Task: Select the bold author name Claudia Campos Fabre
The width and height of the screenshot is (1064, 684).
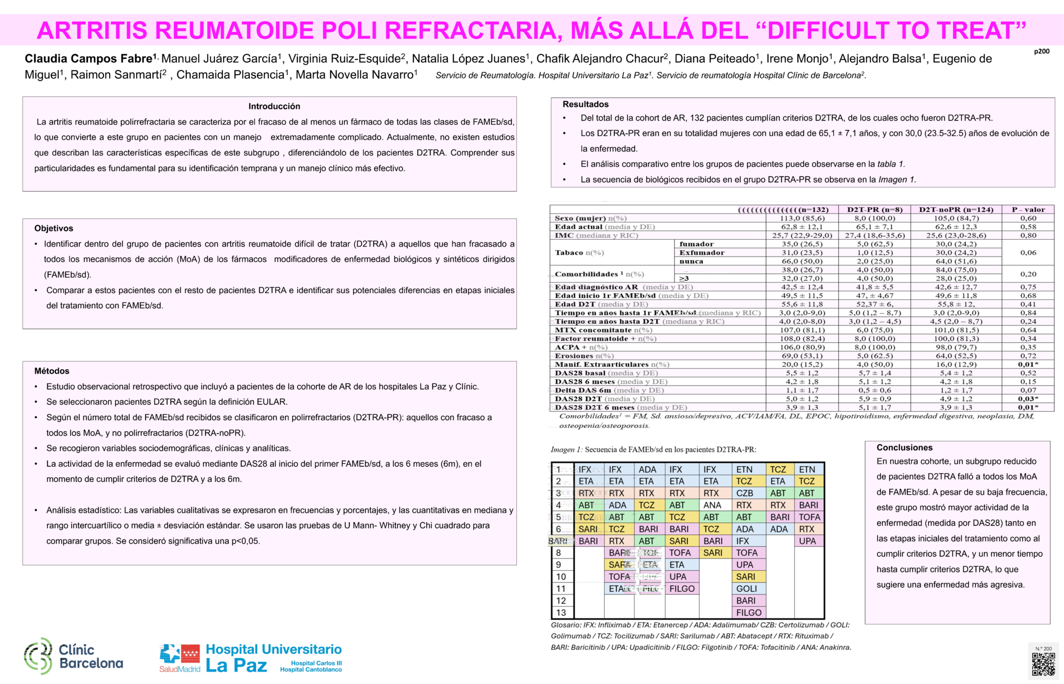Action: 90,59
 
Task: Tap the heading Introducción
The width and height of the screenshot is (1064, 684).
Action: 274,106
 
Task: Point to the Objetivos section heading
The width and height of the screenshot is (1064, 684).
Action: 54,229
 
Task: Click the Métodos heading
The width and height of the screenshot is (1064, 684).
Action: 52,371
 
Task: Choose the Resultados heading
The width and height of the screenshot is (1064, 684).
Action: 585,104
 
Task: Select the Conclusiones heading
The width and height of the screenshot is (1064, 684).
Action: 904,448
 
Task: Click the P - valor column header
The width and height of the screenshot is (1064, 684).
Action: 1028,210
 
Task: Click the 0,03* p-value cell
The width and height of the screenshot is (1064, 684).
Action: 1028,399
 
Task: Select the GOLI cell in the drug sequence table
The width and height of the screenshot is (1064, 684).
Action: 746,589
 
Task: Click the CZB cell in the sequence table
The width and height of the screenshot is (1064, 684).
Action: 745,494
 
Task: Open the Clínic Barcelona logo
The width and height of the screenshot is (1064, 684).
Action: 74,657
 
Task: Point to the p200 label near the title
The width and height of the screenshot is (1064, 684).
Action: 1042,52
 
